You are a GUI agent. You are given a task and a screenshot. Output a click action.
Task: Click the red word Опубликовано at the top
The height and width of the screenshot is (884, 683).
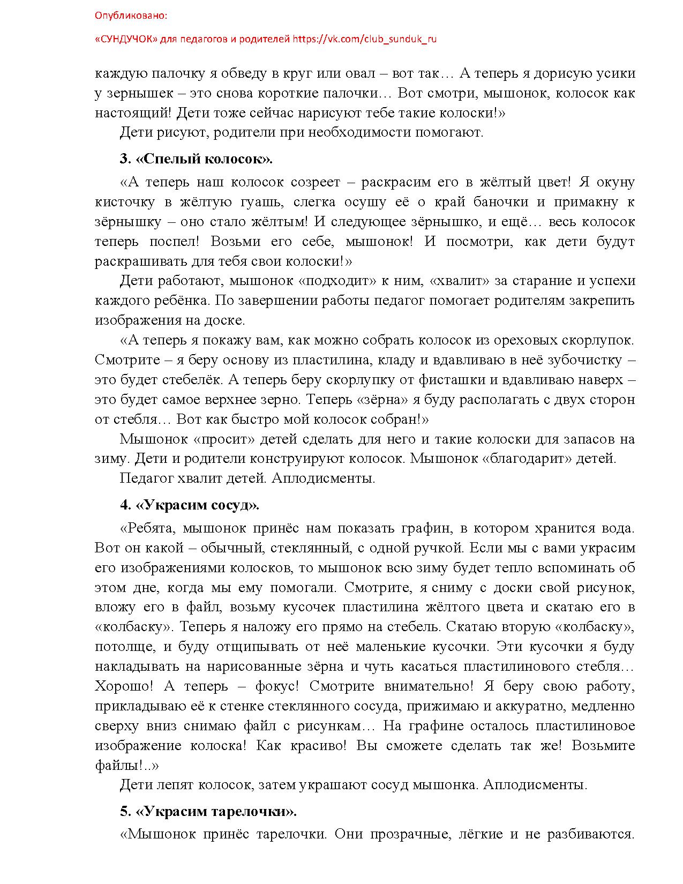coord(131,16)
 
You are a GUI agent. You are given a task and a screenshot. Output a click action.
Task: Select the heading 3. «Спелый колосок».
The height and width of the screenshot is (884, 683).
coord(196,159)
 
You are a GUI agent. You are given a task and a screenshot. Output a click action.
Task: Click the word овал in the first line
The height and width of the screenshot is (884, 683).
coord(366,73)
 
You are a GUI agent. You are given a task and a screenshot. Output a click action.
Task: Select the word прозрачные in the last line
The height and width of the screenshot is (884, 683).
coord(408,834)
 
